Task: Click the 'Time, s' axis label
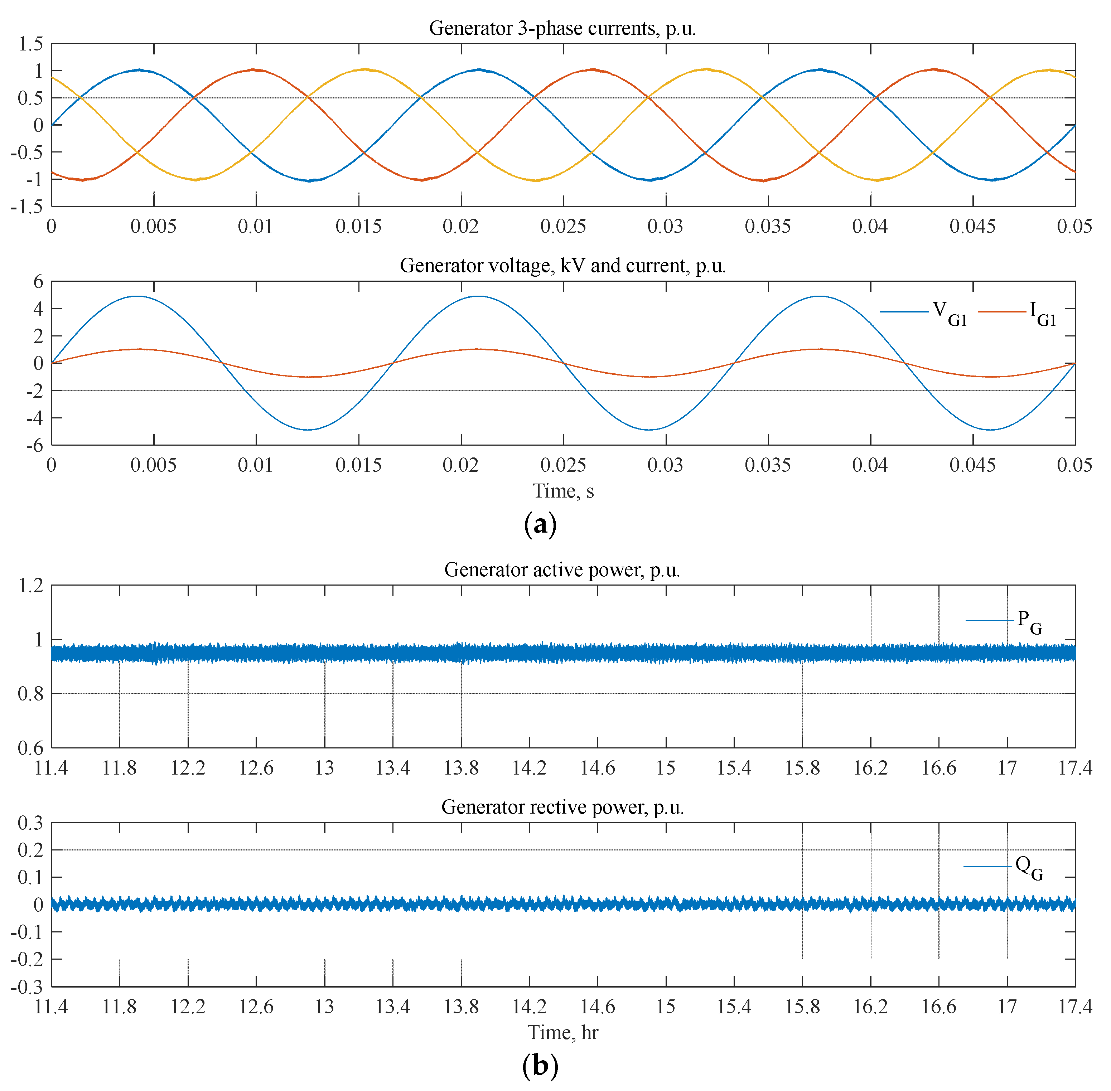(x=563, y=491)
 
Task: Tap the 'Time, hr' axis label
(x=563, y=1033)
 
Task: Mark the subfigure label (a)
(x=540, y=524)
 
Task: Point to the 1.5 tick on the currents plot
(x=30, y=44)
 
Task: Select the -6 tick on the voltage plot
(x=34, y=445)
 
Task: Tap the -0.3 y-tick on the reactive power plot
(x=27, y=987)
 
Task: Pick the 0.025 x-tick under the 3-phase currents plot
(x=563, y=226)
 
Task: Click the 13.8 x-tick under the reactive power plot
(x=461, y=1007)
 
